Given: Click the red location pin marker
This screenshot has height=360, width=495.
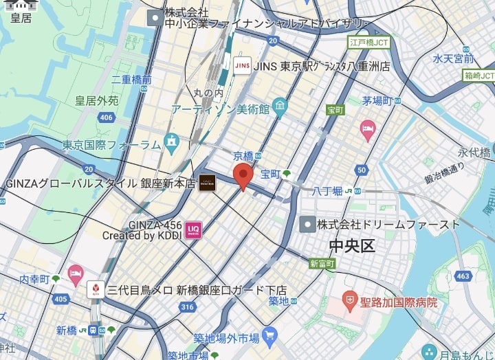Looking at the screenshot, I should tap(242, 176).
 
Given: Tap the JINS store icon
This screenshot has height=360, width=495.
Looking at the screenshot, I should tap(242, 65).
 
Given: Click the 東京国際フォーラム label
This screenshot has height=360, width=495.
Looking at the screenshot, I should tap(111, 145).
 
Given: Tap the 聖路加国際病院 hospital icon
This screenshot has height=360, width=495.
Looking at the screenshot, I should tap(351, 300).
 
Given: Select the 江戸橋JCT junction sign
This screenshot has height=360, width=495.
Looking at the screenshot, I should tap(369, 42).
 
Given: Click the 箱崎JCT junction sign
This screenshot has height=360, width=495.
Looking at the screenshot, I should tap(479, 75).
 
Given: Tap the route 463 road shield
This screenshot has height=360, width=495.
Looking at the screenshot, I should tap(463, 276).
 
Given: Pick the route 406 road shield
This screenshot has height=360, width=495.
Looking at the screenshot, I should tap(105, 118).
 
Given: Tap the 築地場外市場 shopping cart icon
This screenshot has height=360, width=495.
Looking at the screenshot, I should tap(269, 336).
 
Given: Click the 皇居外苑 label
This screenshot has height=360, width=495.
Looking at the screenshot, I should tap(97, 101).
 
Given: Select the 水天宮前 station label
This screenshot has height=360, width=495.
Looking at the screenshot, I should tap(453, 58).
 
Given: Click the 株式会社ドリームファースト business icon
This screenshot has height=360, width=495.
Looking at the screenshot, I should tap(307, 224).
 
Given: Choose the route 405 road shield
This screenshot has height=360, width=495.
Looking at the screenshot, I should tap(60, 299).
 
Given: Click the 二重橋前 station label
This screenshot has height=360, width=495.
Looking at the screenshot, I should tap(131, 80).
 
